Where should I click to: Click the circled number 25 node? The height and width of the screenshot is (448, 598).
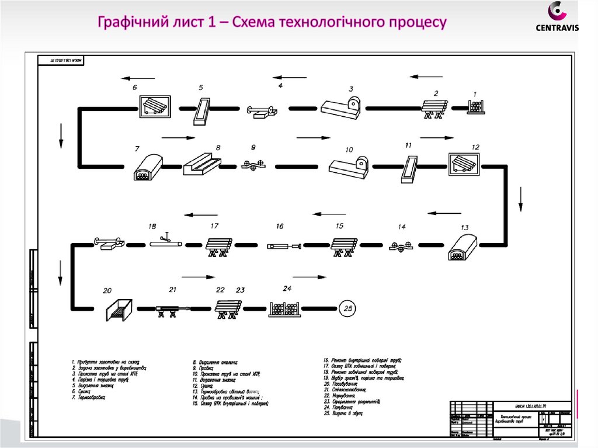point(350,307)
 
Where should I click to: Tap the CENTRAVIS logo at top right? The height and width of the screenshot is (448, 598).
point(557,17)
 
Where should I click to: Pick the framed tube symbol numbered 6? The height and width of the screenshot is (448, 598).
point(154,107)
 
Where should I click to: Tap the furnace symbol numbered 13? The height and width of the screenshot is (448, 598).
point(463,247)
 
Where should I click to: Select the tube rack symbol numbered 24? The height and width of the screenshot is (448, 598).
point(284,308)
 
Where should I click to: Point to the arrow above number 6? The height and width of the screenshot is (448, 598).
point(138,78)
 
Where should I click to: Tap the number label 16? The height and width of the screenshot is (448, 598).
point(280,226)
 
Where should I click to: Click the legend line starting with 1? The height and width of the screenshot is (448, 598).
point(105,363)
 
